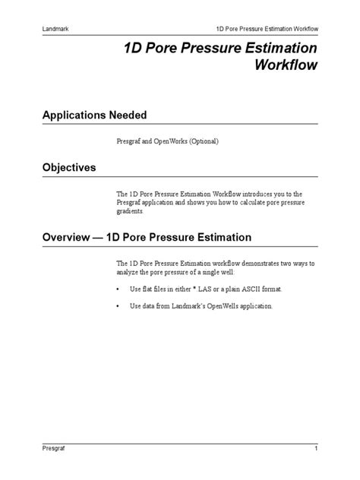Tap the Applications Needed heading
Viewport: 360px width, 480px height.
tap(93, 115)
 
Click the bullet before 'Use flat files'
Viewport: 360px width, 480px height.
tap(118, 289)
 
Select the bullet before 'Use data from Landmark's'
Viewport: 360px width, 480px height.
tap(118, 306)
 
